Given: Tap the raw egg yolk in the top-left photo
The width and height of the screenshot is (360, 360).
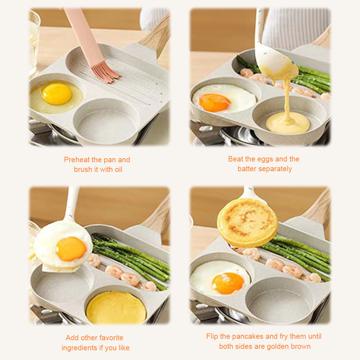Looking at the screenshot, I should click(56, 94).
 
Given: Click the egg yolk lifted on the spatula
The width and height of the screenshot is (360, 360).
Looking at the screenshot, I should click(71, 249).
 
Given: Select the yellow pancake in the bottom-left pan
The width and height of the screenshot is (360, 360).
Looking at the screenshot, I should click(116, 308).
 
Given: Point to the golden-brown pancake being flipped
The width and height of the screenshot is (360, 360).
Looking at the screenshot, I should click(247, 222).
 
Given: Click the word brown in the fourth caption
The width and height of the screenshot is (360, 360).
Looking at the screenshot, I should click(300, 346).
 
